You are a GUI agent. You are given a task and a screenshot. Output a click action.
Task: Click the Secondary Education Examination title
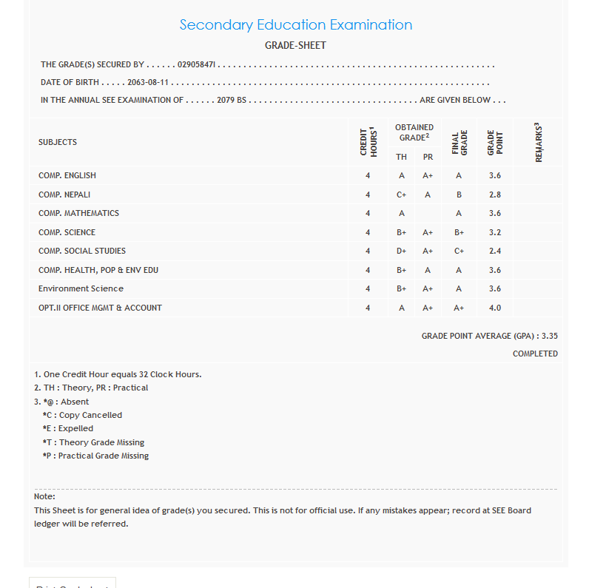(x=296, y=25)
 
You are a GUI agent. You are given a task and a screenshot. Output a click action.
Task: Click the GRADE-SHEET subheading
(x=295, y=46)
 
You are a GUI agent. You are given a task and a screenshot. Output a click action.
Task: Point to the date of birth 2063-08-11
(x=148, y=83)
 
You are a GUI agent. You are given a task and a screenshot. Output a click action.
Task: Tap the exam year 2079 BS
(x=232, y=101)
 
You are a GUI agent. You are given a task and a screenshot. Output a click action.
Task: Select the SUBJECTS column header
(x=58, y=142)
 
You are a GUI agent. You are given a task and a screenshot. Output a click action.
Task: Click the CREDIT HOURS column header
(x=368, y=142)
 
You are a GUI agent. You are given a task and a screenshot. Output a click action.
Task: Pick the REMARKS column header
(x=538, y=142)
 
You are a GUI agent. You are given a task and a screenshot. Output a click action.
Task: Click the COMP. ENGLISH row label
(x=67, y=176)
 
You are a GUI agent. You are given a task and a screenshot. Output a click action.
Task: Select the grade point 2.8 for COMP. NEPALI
(x=495, y=195)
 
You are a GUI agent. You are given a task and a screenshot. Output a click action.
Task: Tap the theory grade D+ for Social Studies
(x=402, y=251)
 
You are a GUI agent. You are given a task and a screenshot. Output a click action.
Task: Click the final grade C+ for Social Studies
(x=459, y=251)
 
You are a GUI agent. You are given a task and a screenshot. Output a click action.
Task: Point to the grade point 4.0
(x=495, y=308)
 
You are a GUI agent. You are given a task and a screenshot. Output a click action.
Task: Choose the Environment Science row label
(x=81, y=288)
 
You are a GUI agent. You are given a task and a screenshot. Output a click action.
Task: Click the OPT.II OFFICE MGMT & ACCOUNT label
(x=100, y=308)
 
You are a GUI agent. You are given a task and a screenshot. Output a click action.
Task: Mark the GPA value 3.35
(x=549, y=336)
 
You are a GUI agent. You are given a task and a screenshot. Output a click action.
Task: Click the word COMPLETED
(x=535, y=354)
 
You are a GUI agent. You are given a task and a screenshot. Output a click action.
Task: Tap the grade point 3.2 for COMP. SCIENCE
(x=495, y=232)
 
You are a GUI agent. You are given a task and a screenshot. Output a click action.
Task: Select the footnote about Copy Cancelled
(x=83, y=416)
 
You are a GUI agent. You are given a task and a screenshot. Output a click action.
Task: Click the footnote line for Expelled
(x=68, y=429)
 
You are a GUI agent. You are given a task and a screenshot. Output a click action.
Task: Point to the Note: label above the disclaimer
(x=44, y=496)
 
